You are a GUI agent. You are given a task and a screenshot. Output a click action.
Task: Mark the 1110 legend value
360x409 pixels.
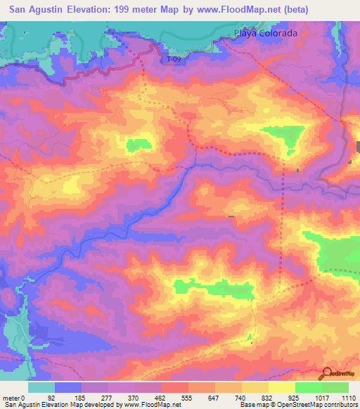click(347, 398)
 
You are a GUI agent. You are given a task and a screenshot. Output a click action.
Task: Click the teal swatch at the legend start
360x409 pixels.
click(41, 387)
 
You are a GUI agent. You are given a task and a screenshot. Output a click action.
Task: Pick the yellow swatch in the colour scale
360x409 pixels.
click(281, 387)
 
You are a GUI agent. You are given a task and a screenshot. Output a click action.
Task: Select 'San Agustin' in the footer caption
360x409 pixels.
click(21, 405)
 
